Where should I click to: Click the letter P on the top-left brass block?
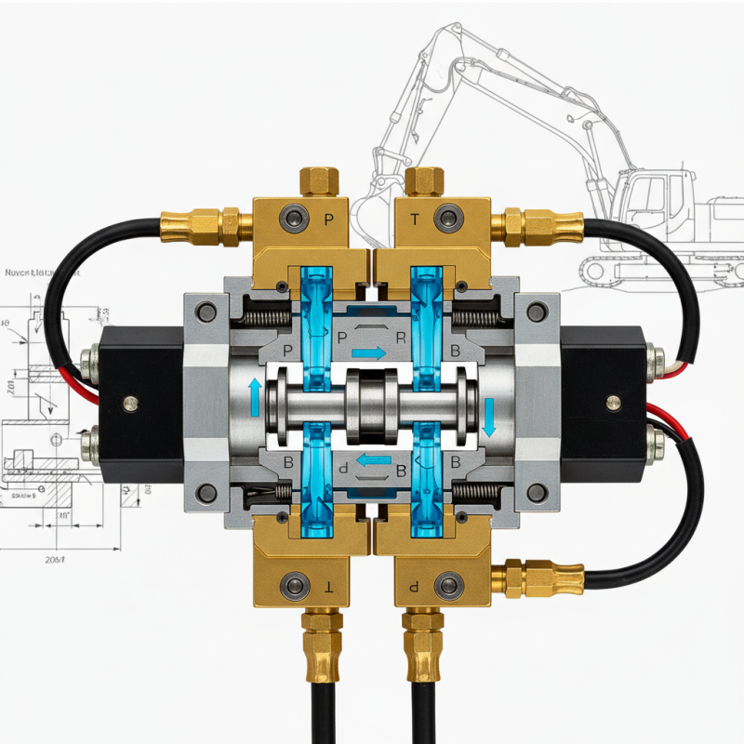(x=327, y=220)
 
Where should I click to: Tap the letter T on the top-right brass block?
(x=415, y=220)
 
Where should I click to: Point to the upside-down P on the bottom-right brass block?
(x=415, y=588)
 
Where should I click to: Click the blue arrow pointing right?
(x=369, y=353)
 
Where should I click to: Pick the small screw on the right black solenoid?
(x=612, y=403)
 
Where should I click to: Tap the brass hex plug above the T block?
(x=424, y=181)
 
